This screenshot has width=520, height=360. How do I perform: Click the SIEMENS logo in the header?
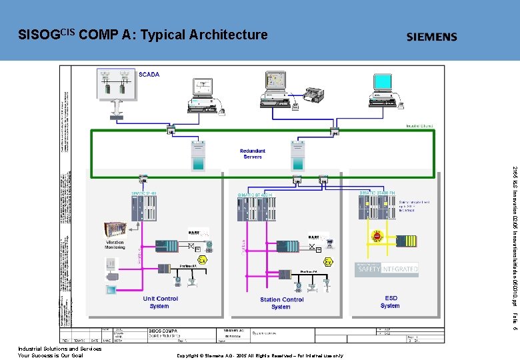pyautogui.click(x=431, y=37)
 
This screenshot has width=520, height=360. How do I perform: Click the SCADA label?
pyautogui.click(x=149, y=75)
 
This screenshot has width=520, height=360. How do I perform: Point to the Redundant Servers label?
pyautogui.click(x=253, y=154)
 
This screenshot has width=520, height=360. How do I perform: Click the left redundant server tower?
pyautogui.click(x=198, y=155)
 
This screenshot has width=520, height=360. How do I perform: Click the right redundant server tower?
pyautogui.click(x=297, y=157)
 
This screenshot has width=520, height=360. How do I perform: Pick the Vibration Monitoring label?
pyautogui.click(x=115, y=245)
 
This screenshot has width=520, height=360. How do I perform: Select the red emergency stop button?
pyautogui.click(x=375, y=235)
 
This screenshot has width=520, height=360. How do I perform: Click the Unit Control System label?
pyautogui.click(x=161, y=303)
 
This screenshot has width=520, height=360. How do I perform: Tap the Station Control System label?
pyautogui.click(x=281, y=303)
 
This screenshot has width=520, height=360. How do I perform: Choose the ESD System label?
pyautogui.click(x=390, y=302)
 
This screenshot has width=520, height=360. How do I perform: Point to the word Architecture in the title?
pyautogui.click(x=229, y=34)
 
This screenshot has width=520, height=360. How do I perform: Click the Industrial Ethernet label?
pyautogui.click(x=420, y=126)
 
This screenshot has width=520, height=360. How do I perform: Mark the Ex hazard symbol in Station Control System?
pyautogui.click(x=328, y=263)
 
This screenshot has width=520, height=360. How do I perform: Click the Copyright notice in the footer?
pyautogui.click(x=259, y=355)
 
